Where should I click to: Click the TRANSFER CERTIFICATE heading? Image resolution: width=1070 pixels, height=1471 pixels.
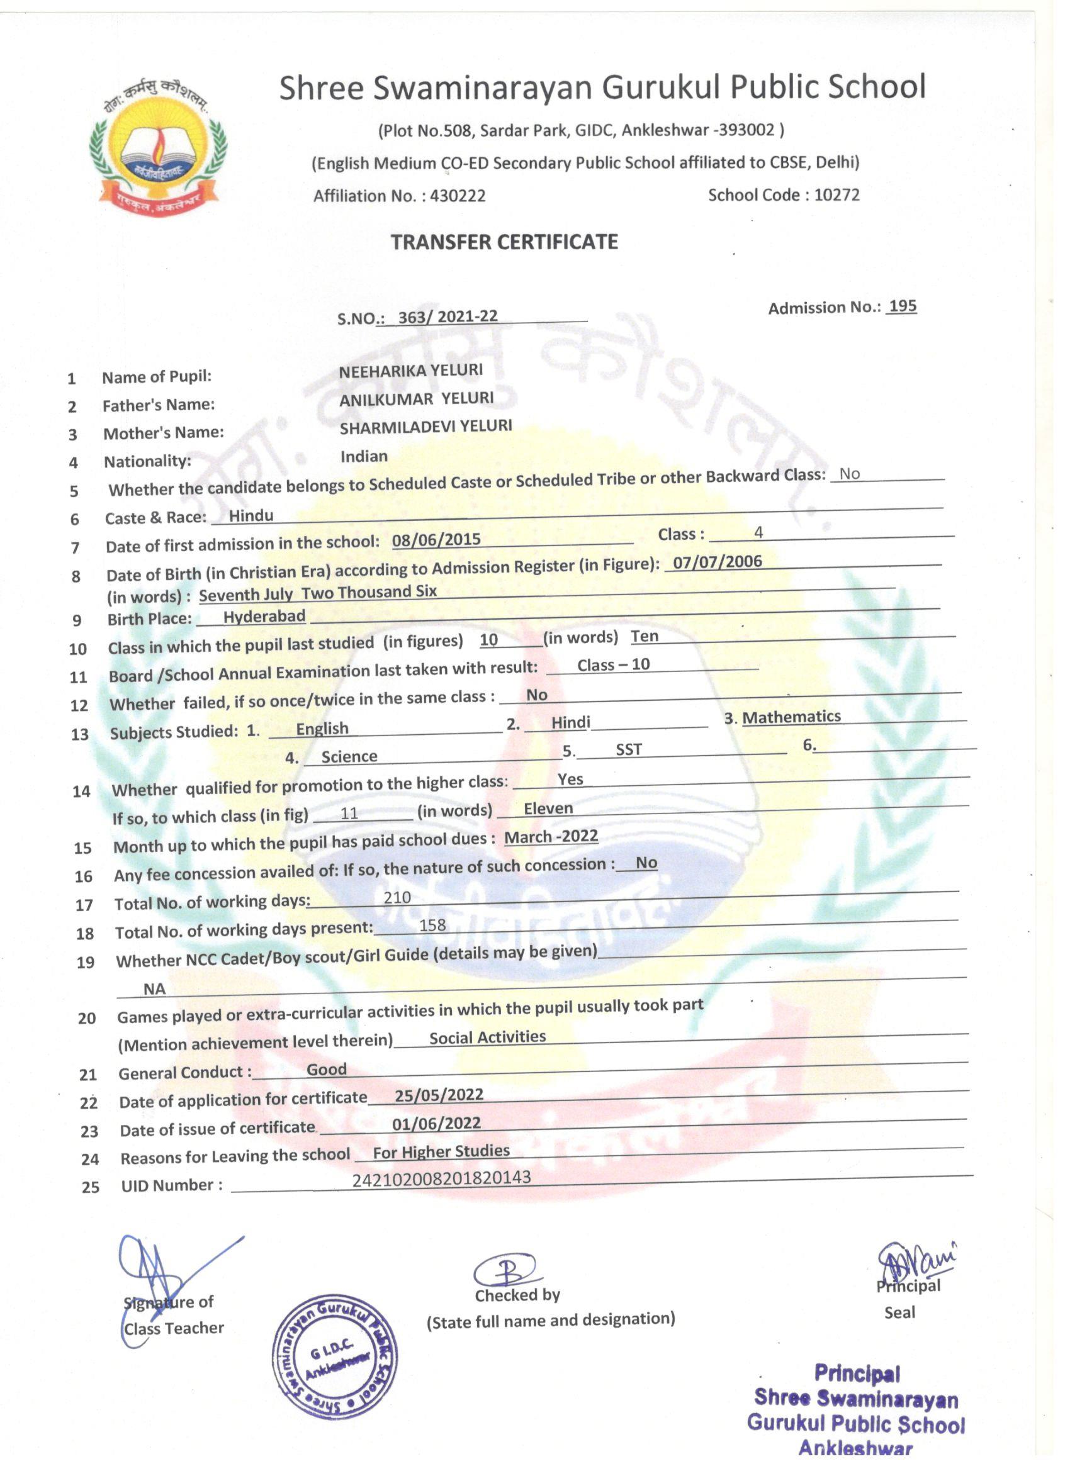pyautogui.click(x=504, y=243)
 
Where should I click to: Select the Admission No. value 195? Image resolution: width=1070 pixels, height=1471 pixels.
pyautogui.click(x=903, y=306)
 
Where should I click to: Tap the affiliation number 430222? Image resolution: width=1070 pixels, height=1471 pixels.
pyautogui.click(x=458, y=196)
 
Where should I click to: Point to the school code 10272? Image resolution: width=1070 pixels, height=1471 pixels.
pyautogui.click(x=836, y=195)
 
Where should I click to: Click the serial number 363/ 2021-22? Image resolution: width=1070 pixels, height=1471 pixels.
pyautogui.click(x=448, y=316)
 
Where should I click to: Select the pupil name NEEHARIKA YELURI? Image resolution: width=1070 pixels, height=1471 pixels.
pyautogui.click(x=411, y=371)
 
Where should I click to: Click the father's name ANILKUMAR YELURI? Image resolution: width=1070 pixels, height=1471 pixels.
pyautogui.click(x=417, y=399)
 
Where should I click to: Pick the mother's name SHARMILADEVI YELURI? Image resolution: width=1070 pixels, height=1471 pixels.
pyautogui.click(x=425, y=427)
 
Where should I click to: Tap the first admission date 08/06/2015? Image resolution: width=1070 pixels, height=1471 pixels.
pyautogui.click(x=436, y=540)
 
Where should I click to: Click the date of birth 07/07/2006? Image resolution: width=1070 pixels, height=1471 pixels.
pyautogui.click(x=717, y=562)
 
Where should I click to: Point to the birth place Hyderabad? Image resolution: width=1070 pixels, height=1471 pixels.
pyautogui.click(x=264, y=616)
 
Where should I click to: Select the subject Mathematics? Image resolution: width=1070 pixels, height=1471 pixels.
pyautogui.click(x=791, y=717)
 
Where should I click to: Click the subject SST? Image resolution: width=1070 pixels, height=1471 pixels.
pyautogui.click(x=628, y=750)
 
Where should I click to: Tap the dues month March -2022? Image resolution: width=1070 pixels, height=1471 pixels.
pyautogui.click(x=551, y=837)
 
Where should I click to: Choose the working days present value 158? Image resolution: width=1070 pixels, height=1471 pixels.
pyautogui.click(x=432, y=925)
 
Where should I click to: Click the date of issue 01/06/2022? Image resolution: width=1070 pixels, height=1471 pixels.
pyautogui.click(x=436, y=1123)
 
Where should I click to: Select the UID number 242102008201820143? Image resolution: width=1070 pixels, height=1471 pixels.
pyautogui.click(x=441, y=1178)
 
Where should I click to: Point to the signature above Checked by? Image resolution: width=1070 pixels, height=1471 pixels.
pyautogui.click(x=505, y=1270)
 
